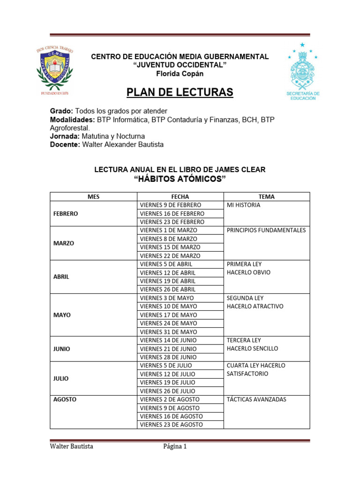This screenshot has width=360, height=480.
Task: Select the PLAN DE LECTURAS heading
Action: coord(180,92)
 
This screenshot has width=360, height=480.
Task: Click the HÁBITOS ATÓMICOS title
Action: coord(180,180)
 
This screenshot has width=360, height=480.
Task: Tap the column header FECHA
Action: coord(180,197)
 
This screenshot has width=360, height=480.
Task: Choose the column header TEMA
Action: coord(266,197)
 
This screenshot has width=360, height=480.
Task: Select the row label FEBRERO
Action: coord(66,213)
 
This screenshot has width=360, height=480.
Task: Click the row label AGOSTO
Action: coord(65,399)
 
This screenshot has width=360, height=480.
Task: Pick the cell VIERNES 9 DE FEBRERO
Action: coord(170,205)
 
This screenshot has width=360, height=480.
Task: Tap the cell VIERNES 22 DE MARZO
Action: coord(170,256)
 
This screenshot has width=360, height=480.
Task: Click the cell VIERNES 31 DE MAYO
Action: coord(168,332)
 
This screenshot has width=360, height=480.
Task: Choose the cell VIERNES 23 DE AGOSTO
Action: coord(171,425)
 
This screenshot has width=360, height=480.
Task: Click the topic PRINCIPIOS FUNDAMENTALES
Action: coord(266,230)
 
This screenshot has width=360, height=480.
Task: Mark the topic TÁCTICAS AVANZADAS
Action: coord(256,399)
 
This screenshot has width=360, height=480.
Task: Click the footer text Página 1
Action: coord(175,447)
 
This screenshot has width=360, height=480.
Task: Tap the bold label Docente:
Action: coord(65,144)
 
